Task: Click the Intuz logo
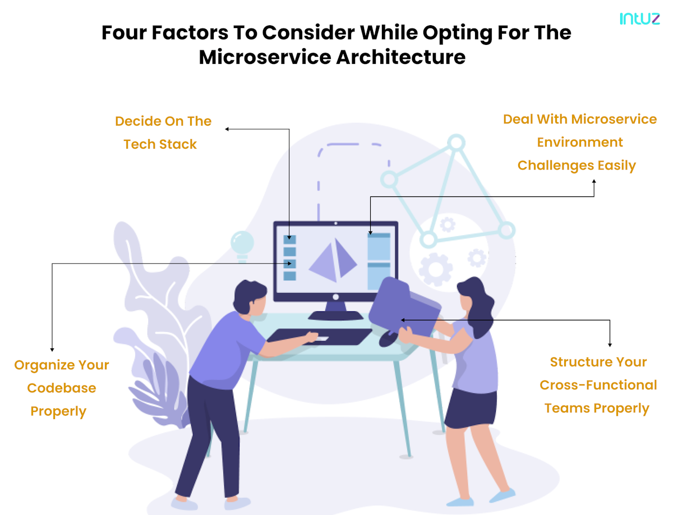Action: (639, 19)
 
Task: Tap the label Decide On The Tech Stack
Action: (163, 132)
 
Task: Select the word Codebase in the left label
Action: (61, 388)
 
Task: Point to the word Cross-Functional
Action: (598, 385)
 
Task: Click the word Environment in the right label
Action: (579, 142)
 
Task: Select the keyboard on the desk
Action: (319, 337)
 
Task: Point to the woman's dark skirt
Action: (471, 408)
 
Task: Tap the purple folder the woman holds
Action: (404, 307)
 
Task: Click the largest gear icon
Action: (435, 269)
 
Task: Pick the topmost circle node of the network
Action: (456, 142)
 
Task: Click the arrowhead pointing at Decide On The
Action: (227, 129)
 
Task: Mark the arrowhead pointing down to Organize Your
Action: (52, 350)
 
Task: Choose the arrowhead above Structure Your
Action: (610, 345)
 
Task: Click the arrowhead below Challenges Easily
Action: (594, 181)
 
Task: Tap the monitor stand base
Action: (335, 315)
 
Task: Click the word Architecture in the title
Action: (401, 57)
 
